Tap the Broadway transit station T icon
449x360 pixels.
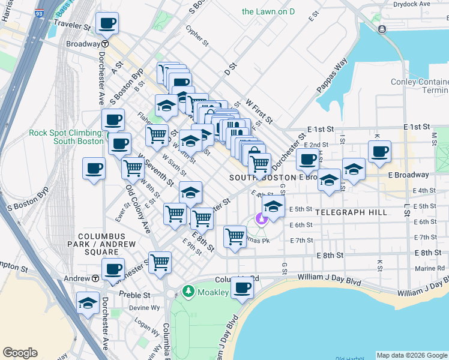pyautogui.click(x=105, y=44)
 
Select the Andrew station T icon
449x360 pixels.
pyautogui.click(x=95, y=278)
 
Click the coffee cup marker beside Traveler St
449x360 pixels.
pyautogui.click(x=107, y=24)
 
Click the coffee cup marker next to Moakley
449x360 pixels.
pyautogui.click(x=242, y=288)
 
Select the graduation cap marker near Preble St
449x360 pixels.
pyautogui.click(x=88, y=303)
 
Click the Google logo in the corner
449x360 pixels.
pyautogui.click(x=20, y=353)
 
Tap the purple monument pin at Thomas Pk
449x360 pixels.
pyautogui.click(x=261, y=220)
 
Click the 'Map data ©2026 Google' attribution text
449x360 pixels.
pyautogui.click(x=412, y=355)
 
